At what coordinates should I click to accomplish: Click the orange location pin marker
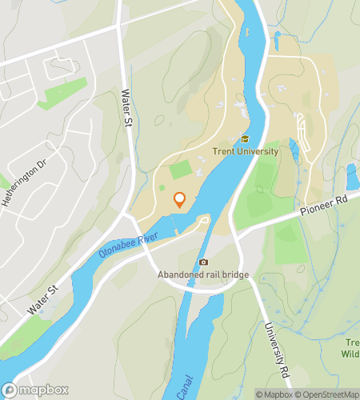pyautogui.click(x=179, y=200)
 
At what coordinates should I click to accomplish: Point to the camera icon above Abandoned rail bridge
pyautogui.click(x=203, y=262)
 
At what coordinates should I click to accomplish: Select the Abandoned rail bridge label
pyautogui.click(x=203, y=275)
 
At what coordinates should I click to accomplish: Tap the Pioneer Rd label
pyautogui.click(x=326, y=210)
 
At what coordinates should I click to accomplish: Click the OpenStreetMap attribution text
pyautogui.click(x=327, y=394)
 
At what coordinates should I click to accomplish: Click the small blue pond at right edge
pyautogui.click(x=351, y=175)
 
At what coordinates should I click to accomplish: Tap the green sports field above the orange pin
pyautogui.click(x=181, y=170)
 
